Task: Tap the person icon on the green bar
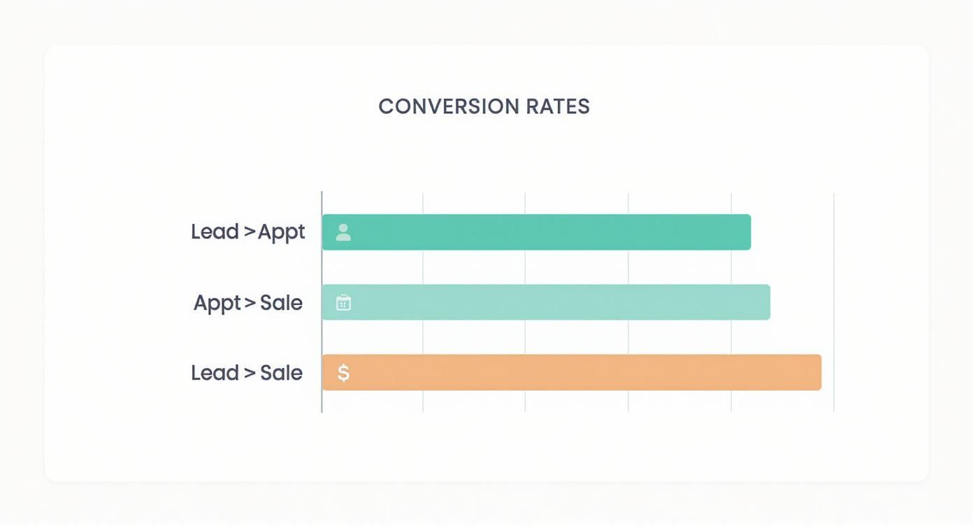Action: click(343, 232)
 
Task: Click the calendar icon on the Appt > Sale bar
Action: click(343, 303)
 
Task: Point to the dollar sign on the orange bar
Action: click(343, 373)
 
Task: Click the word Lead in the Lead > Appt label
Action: click(215, 232)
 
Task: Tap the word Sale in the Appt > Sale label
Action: click(281, 302)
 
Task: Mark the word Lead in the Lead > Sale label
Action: click(215, 372)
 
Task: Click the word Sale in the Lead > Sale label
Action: click(281, 372)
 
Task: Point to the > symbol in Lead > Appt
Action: click(250, 232)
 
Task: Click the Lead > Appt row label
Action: click(248, 232)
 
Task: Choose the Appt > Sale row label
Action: click(248, 303)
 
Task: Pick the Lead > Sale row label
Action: click(247, 372)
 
